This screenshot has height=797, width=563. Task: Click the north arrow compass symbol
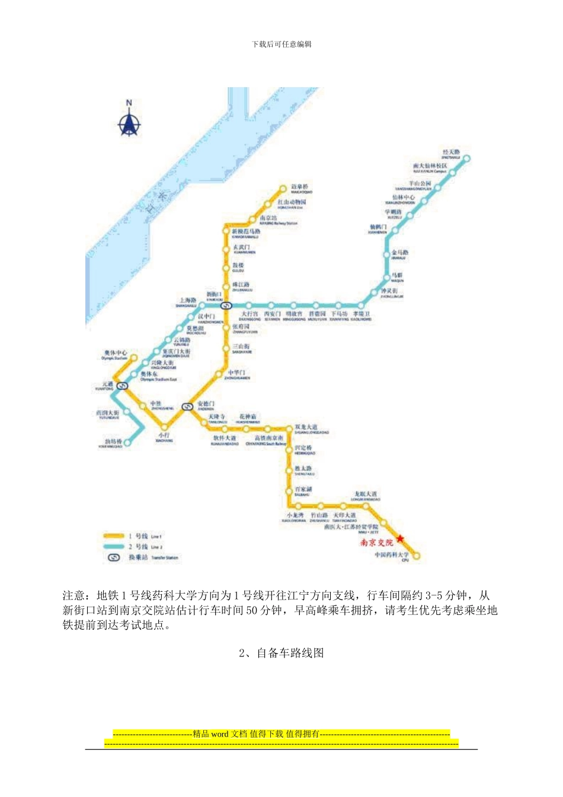129,121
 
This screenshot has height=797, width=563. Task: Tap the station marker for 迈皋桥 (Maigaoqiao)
283,189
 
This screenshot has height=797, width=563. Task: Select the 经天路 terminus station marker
466,158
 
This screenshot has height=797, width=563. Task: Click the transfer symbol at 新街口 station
226,306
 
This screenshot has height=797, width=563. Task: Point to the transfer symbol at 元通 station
123,385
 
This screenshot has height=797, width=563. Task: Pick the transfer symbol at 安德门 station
187,406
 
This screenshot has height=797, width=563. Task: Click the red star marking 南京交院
400,538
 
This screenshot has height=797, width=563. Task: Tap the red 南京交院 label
376,543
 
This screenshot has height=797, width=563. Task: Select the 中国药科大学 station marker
416,556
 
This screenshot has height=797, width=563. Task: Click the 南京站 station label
268,218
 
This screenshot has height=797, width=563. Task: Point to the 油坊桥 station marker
127,442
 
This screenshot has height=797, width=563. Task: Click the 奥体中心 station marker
134,358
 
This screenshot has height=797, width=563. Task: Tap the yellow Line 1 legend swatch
113,536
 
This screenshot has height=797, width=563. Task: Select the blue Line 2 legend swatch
113,547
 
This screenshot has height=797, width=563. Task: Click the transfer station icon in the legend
114,557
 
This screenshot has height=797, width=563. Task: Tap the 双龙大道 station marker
289,428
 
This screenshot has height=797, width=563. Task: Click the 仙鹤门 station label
378,227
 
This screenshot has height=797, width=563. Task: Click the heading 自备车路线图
281,653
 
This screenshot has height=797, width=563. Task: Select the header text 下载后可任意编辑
281,44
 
